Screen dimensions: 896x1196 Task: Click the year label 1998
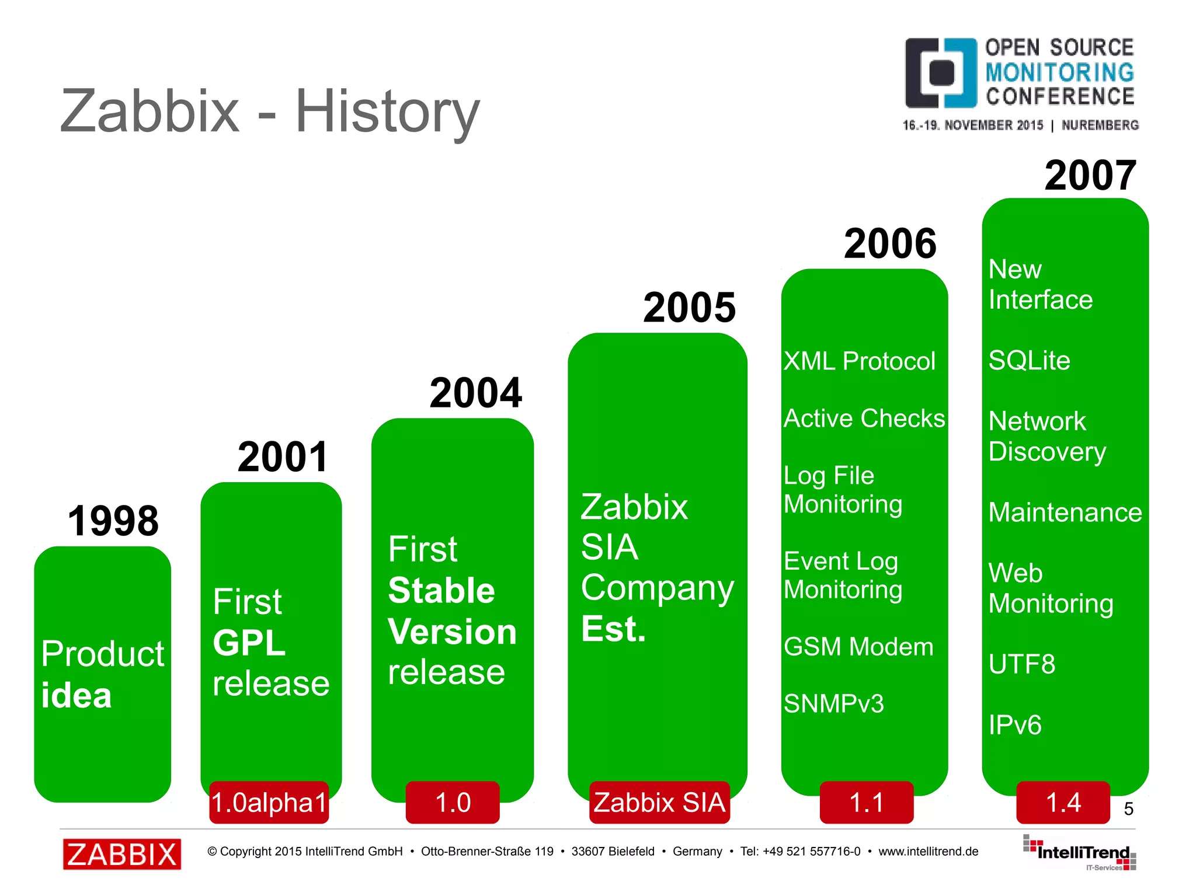(113, 521)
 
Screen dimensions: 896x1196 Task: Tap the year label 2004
(475, 393)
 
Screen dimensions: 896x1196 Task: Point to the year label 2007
(1090, 175)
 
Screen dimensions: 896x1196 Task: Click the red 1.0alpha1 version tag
(269, 803)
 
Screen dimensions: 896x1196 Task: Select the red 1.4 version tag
(1063, 803)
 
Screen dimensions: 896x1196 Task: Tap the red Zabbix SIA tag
(659, 803)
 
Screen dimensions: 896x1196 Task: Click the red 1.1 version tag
(866, 803)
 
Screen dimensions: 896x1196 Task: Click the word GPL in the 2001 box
(249, 643)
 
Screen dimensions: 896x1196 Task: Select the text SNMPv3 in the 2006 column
(833, 704)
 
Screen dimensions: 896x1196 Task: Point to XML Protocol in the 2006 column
(859, 361)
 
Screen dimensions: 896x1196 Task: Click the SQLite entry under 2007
(1029, 361)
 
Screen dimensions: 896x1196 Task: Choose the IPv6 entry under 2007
(1015, 725)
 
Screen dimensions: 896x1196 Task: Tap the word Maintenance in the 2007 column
(1065, 513)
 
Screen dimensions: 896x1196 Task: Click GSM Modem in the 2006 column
(858, 647)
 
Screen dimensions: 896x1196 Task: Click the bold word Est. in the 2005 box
(613, 629)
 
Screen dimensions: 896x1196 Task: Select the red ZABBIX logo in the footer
(122, 855)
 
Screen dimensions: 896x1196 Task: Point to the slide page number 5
(1128, 809)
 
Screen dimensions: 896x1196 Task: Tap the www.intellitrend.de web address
(928, 852)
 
